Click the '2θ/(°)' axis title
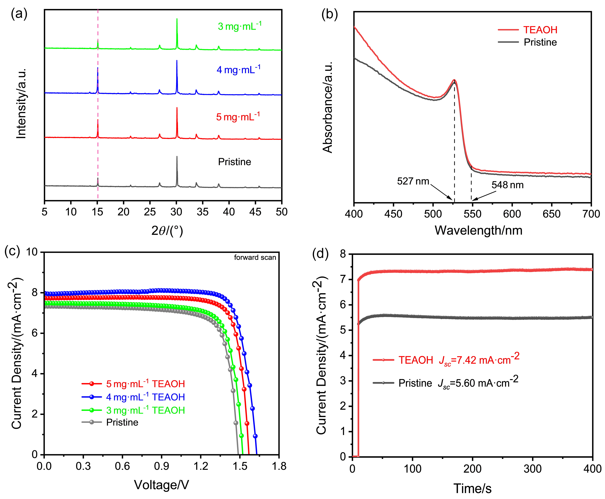[167, 230]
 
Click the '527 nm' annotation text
[413, 181]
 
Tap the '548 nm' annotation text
[507, 185]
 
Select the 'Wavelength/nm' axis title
[478, 230]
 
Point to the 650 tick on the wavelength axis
[552, 214]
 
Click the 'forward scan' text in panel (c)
[255, 257]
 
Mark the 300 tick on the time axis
[533, 468]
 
